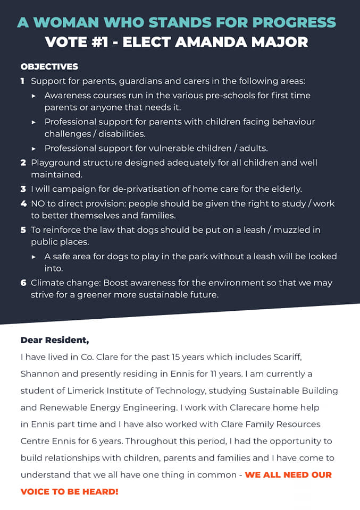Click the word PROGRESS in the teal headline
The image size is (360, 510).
pos(294,22)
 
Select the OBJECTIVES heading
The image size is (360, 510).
pos(49,67)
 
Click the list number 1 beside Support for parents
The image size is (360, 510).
pos(23,82)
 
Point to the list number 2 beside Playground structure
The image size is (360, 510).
pos(23,163)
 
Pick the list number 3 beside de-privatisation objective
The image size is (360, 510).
pos(23,189)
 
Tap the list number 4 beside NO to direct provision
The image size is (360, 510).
pos(23,204)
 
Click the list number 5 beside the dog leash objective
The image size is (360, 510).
pos(23,231)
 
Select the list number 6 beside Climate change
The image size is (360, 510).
pos(23,283)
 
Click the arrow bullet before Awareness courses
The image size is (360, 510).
pos(34,96)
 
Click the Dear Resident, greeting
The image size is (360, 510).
pos(55,339)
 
